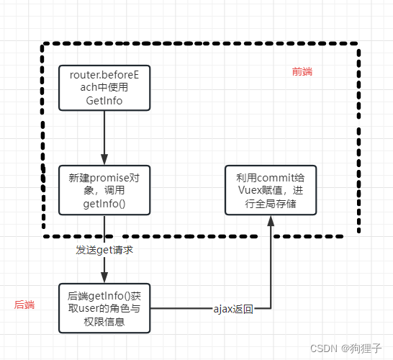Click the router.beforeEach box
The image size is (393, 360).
pyautogui.click(x=104, y=88)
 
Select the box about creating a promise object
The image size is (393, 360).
pyautogui.click(x=104, y=190)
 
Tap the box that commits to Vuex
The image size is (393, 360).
pyautogui.click(x=271, y=190)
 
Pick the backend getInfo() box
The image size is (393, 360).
pyautogui.click(x=104, y=308)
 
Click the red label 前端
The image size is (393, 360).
pyautogui.click(x=302, y=72)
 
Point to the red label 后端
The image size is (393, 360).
pyautogui.click(x=24, y=305)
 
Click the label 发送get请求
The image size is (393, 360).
pyautogui.click(x=105, y=250)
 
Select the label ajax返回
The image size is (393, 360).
pyautogui.click(x=233, y=309)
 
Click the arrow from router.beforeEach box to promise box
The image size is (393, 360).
pyautogui.click(x=104, y=137)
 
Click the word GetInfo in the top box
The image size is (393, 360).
pyautogui.click(x=104, y=101)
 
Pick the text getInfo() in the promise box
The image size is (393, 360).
pyautogui.click(x=104, y=204)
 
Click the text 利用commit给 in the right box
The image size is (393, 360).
pyautogui.click(x=271, y=176)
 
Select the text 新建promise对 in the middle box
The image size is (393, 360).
pyautogui.click(x=104, y=177)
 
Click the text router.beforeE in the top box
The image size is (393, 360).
pyautogui.click(x=104, y=75)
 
